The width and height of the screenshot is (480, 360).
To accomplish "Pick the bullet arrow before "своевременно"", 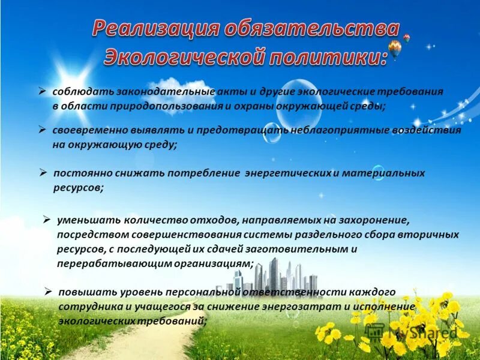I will [43, 130].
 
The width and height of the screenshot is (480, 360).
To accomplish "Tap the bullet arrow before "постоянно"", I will [43, 173].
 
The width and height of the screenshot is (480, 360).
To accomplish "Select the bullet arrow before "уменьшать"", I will [47, 220].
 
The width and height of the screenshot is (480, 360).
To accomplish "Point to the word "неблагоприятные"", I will [329, 130].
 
